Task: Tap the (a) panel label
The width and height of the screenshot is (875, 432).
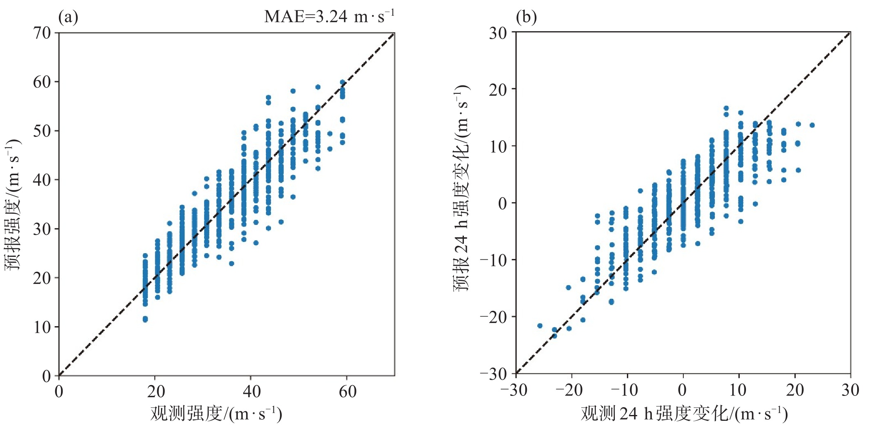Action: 68,17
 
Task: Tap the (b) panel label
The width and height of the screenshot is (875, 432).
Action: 526,17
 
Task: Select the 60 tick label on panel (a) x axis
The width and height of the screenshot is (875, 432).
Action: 347,391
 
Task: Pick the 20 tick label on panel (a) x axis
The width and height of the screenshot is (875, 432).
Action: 155,391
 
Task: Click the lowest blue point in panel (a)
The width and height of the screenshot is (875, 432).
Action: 145,319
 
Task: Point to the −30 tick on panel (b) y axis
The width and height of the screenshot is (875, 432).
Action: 493,374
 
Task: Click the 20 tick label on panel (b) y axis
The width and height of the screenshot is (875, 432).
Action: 498,89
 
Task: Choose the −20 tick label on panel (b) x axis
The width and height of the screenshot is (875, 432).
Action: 569,391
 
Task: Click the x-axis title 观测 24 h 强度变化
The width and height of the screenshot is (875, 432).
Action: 684,413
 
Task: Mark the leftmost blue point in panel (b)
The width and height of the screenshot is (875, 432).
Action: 540,326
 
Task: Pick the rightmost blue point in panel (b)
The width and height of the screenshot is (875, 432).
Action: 812,125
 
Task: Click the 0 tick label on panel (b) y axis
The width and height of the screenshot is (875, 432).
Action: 502,203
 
